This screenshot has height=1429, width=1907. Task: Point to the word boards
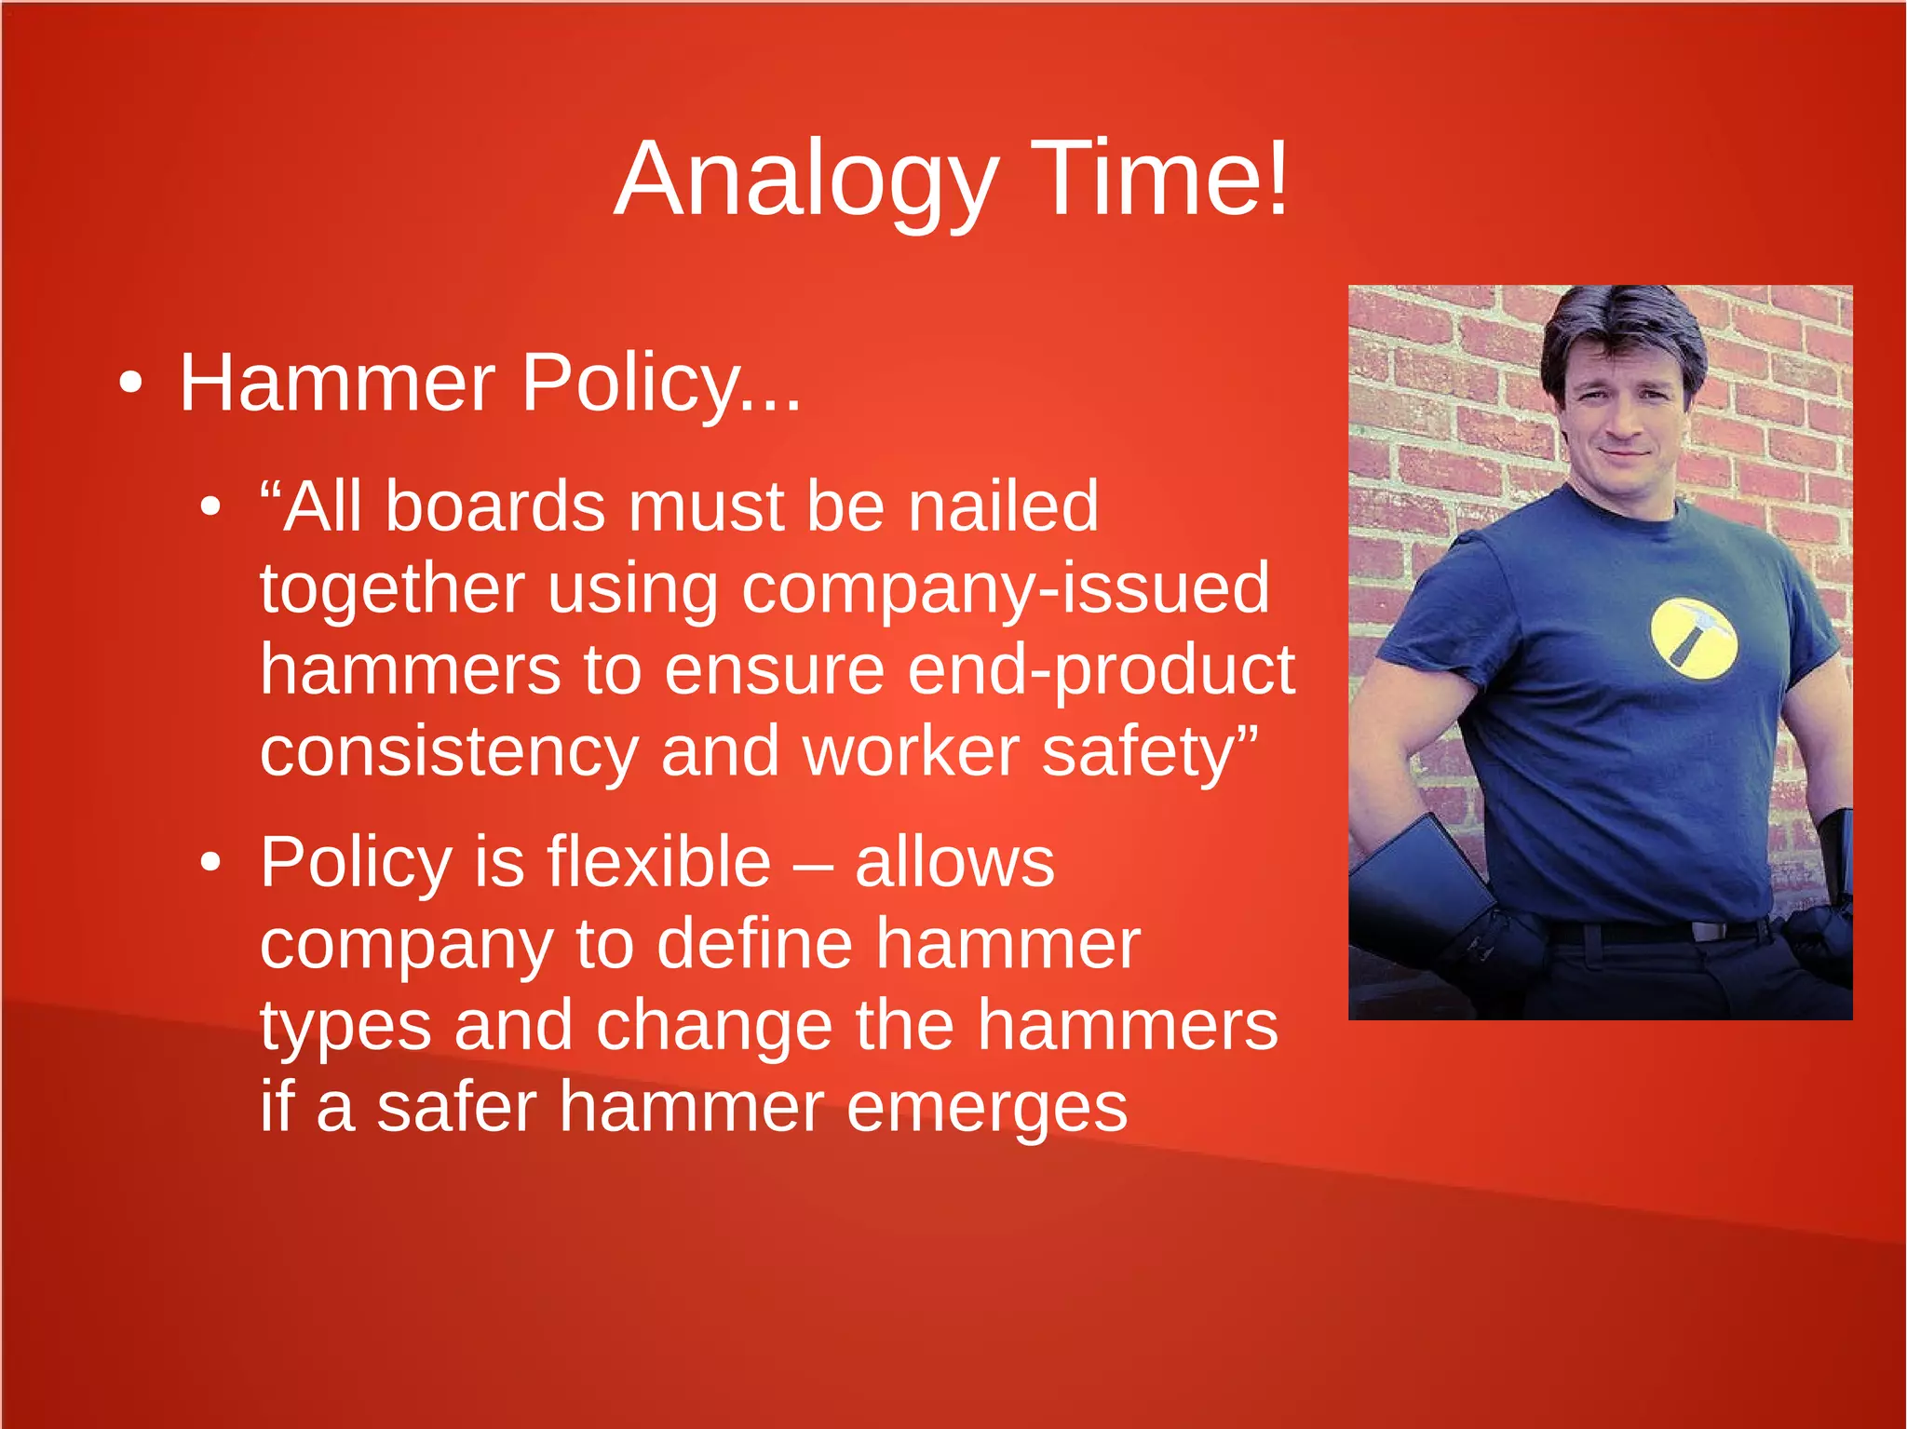tap(495, 507)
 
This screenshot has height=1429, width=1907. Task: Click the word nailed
tap(1003, 507)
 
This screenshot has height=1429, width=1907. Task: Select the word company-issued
tap(1006, 589)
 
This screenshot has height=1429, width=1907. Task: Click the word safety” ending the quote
tap(1150, 752)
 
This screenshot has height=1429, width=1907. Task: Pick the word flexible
tap(658, 862)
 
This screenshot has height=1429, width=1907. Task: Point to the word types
tap(345, 1026)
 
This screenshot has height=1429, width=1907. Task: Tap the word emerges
tap(987, 1108)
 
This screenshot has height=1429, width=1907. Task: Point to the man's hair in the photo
tap(1620, 326)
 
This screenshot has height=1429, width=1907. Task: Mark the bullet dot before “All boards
tap(211, 507)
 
